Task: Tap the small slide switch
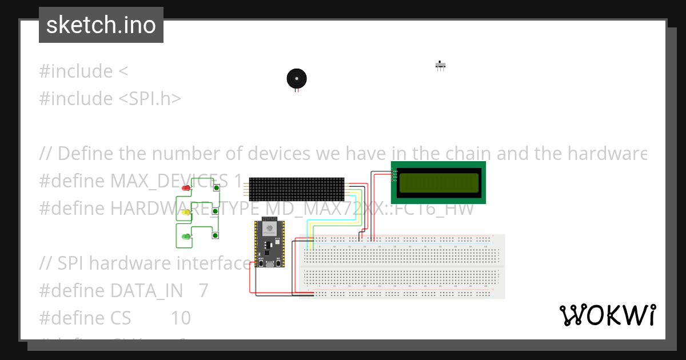coord(440,65)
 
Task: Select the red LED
coord(186,188)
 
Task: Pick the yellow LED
coord(186,213)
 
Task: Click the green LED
coord(186,237)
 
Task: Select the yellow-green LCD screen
coord(438,182)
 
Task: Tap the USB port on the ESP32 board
coord(269,265)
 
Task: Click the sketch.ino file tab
coord(101,25)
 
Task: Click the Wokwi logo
coord(607,315)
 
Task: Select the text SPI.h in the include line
coord(150,99)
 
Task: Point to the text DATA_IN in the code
coord(146,291)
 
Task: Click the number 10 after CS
coord(181,318)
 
